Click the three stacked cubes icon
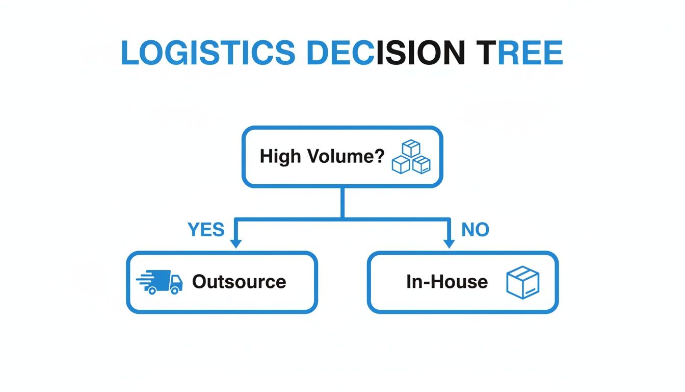pos(411,157)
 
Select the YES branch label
pos(206,230)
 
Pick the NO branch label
pos(475,230)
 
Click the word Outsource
pos(239,282)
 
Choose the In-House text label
pos(447,282)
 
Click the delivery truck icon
pos(161,282)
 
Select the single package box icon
pos(523,282)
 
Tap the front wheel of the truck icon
pos(175,290)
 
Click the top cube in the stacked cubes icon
pos(411,148)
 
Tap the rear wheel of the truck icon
pos(151,290)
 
